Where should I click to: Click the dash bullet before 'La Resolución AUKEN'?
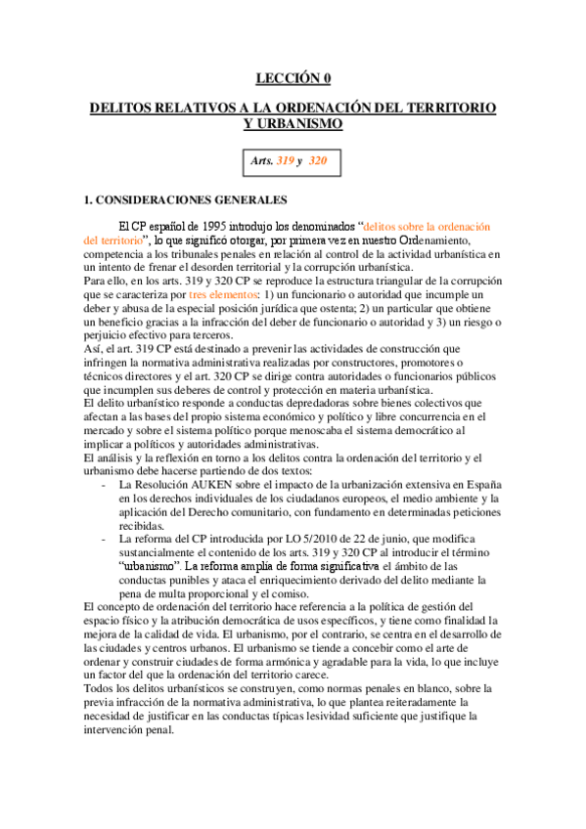pos(104,486)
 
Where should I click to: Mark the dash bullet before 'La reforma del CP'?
pos(104,540)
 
